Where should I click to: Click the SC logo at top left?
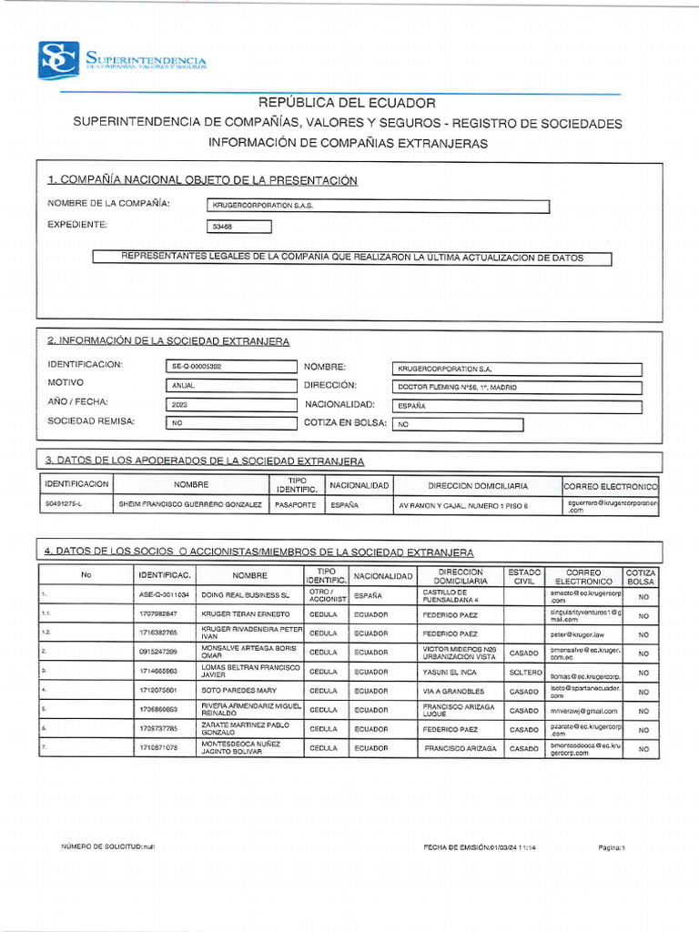pos(58,60)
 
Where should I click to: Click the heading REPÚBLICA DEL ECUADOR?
pos(348,103)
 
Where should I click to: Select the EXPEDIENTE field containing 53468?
pos(239,228)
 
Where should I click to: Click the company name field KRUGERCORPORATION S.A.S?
pos(378,207)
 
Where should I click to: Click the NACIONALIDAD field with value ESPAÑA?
pos(517,407)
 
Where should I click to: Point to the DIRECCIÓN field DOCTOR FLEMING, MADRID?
pos(517,387)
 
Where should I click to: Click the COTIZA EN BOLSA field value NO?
pos(458,424)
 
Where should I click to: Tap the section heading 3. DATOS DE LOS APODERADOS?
pos(205,461)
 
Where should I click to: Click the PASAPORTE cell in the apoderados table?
pos(296,504)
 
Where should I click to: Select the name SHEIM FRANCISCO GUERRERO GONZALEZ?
pos(190,504)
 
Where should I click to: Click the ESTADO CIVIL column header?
pos(524,576)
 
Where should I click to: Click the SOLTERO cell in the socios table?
pos(524,672)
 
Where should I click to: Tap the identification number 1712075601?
pos(164,691)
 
